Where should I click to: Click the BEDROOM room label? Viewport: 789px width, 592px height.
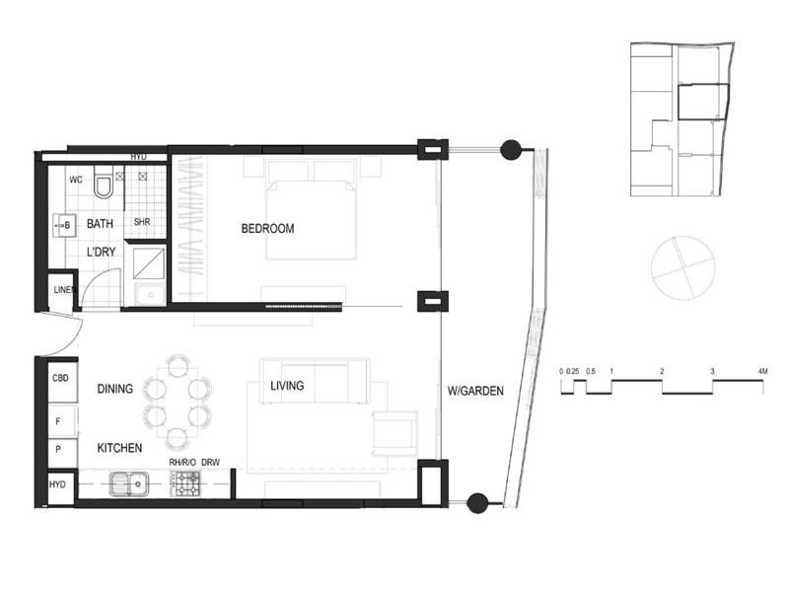point(267,229)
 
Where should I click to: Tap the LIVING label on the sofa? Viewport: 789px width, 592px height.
point(287,386)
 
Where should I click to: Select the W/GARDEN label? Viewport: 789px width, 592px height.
point(476,391)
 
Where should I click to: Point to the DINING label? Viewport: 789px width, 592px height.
point(115,390)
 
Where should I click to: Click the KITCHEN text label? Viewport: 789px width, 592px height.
point(119,448)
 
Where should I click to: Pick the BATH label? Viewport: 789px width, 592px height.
point(101,225)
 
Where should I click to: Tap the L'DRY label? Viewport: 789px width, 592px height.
point(102,254)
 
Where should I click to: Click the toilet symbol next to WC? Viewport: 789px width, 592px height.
point(103,185)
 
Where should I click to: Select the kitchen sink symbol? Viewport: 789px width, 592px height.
point(129,483)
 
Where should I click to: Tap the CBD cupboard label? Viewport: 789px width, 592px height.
point(59,377)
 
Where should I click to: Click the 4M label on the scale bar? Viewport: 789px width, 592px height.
point(761,371)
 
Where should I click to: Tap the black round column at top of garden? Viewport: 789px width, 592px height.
point(511,150)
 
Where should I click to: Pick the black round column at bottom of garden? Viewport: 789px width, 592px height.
point(477,503)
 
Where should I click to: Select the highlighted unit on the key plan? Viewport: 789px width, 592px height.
point(701,102)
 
